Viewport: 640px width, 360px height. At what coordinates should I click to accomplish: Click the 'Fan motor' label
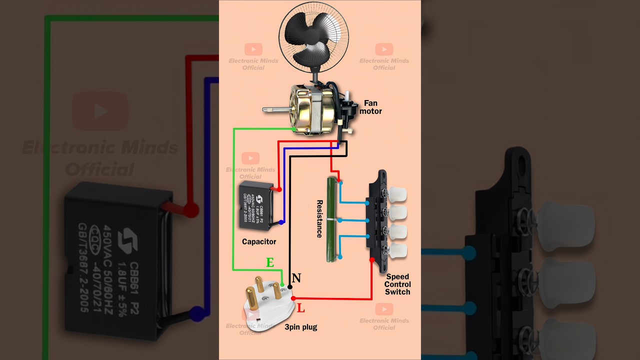pos(370,107)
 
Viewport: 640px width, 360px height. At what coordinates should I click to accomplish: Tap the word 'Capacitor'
pos(259,241)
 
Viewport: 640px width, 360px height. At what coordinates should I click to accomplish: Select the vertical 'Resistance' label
pos(319,219)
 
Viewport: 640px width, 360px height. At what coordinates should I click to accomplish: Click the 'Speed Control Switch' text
pos(397,284)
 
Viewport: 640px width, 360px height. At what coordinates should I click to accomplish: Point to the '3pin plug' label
pos(301,327)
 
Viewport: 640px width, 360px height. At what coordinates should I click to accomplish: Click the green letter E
pos(270,262)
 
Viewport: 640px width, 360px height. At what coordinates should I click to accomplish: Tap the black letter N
pos(296,278)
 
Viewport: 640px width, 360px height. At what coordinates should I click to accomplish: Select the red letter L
pos(300,308)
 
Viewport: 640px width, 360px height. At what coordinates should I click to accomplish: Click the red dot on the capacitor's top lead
pos(279,189)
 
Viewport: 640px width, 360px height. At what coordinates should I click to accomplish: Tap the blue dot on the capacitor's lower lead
pos(281,222)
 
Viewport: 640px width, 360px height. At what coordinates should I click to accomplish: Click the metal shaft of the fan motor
pos(274,108)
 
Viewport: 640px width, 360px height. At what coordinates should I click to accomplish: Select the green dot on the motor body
pos(293,129)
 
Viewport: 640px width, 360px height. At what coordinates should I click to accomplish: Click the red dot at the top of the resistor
pos(338,180)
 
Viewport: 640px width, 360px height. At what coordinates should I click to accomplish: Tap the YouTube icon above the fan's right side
pos(384,49)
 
